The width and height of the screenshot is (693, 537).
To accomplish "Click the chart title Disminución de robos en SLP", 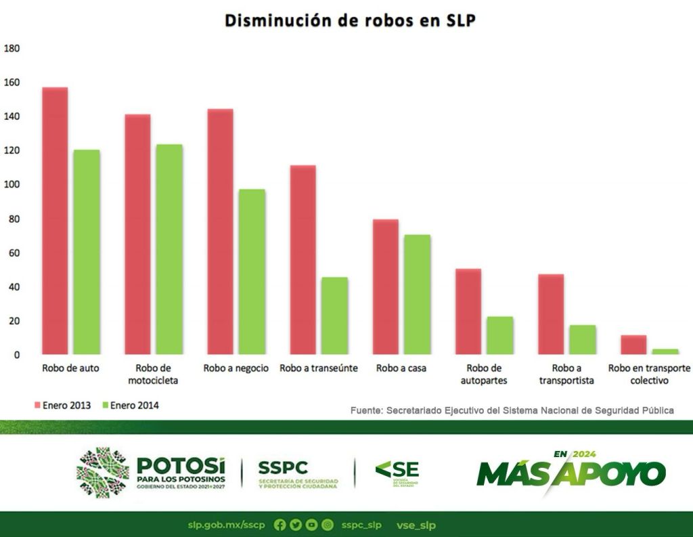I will [350, 21].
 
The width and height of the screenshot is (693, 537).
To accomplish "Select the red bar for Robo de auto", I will [54, 220].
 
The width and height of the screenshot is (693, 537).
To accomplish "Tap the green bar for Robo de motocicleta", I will [169, 249].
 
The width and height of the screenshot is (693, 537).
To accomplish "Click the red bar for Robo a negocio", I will [220, 231].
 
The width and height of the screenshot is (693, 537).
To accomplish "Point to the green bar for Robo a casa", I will [417, 294].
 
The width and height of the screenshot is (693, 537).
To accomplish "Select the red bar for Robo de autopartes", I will [468, 311].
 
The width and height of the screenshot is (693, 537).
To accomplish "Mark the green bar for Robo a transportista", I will [582, 339].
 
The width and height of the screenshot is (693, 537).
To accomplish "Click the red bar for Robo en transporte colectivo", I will [633, 344].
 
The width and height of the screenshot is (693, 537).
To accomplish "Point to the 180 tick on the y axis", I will [12, 48].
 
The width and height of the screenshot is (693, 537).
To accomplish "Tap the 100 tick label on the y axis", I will [12, 185].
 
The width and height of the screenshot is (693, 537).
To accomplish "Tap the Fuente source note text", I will [512, 410].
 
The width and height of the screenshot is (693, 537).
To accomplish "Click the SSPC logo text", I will [283, 467].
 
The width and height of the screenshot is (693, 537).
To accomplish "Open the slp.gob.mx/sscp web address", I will [227, 525].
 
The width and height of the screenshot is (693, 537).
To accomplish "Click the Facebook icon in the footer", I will [280, 525].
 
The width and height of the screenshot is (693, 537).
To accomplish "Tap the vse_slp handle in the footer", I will [416, 525].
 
